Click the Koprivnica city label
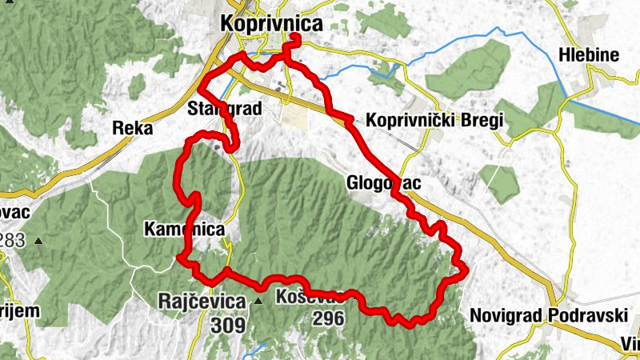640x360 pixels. pos(272,24)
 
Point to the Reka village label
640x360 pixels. pos(132,127)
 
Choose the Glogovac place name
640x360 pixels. pos(384,183)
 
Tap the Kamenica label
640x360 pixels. pos(183,230)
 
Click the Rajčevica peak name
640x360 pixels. pos(201,302)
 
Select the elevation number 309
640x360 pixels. pos(228,326)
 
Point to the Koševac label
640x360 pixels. pos(309,298)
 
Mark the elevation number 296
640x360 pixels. pos(328,319)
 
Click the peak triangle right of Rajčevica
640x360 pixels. pos(258,302)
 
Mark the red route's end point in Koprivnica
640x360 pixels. pos(294,38)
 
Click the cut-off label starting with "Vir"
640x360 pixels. pos(630,345)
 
